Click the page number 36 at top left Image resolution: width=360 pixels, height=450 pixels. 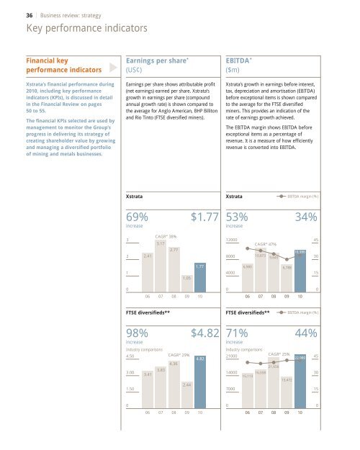[10, 10]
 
